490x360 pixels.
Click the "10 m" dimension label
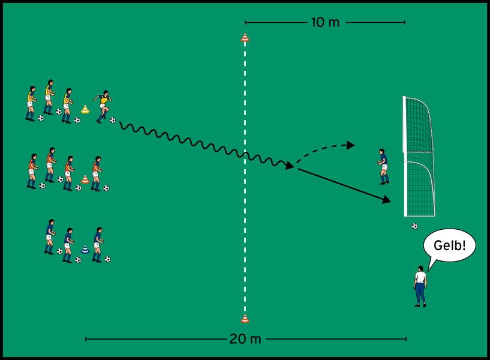coord(325,23)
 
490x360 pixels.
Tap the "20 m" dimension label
coord(245,339)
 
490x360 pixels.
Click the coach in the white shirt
coord(420,286)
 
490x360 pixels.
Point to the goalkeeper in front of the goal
coord(382,166)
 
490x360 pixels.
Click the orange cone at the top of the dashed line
coord(245,38)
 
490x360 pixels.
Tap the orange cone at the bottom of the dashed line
coord(245,318)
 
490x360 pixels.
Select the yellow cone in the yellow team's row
coord(85,109)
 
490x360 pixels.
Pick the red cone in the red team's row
coord(85,179)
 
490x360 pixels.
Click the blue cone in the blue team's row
coord(85,249)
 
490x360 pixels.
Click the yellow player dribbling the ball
coord(104,106)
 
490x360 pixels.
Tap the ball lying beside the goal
coord(414,226)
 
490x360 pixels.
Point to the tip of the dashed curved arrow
coord(351,145)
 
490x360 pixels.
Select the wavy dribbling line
coord(198,144)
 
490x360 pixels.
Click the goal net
coord(420,156)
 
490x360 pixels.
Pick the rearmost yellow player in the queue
coord(31,103)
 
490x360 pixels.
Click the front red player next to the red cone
coord(96,173)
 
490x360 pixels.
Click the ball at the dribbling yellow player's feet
coord(113,120)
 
